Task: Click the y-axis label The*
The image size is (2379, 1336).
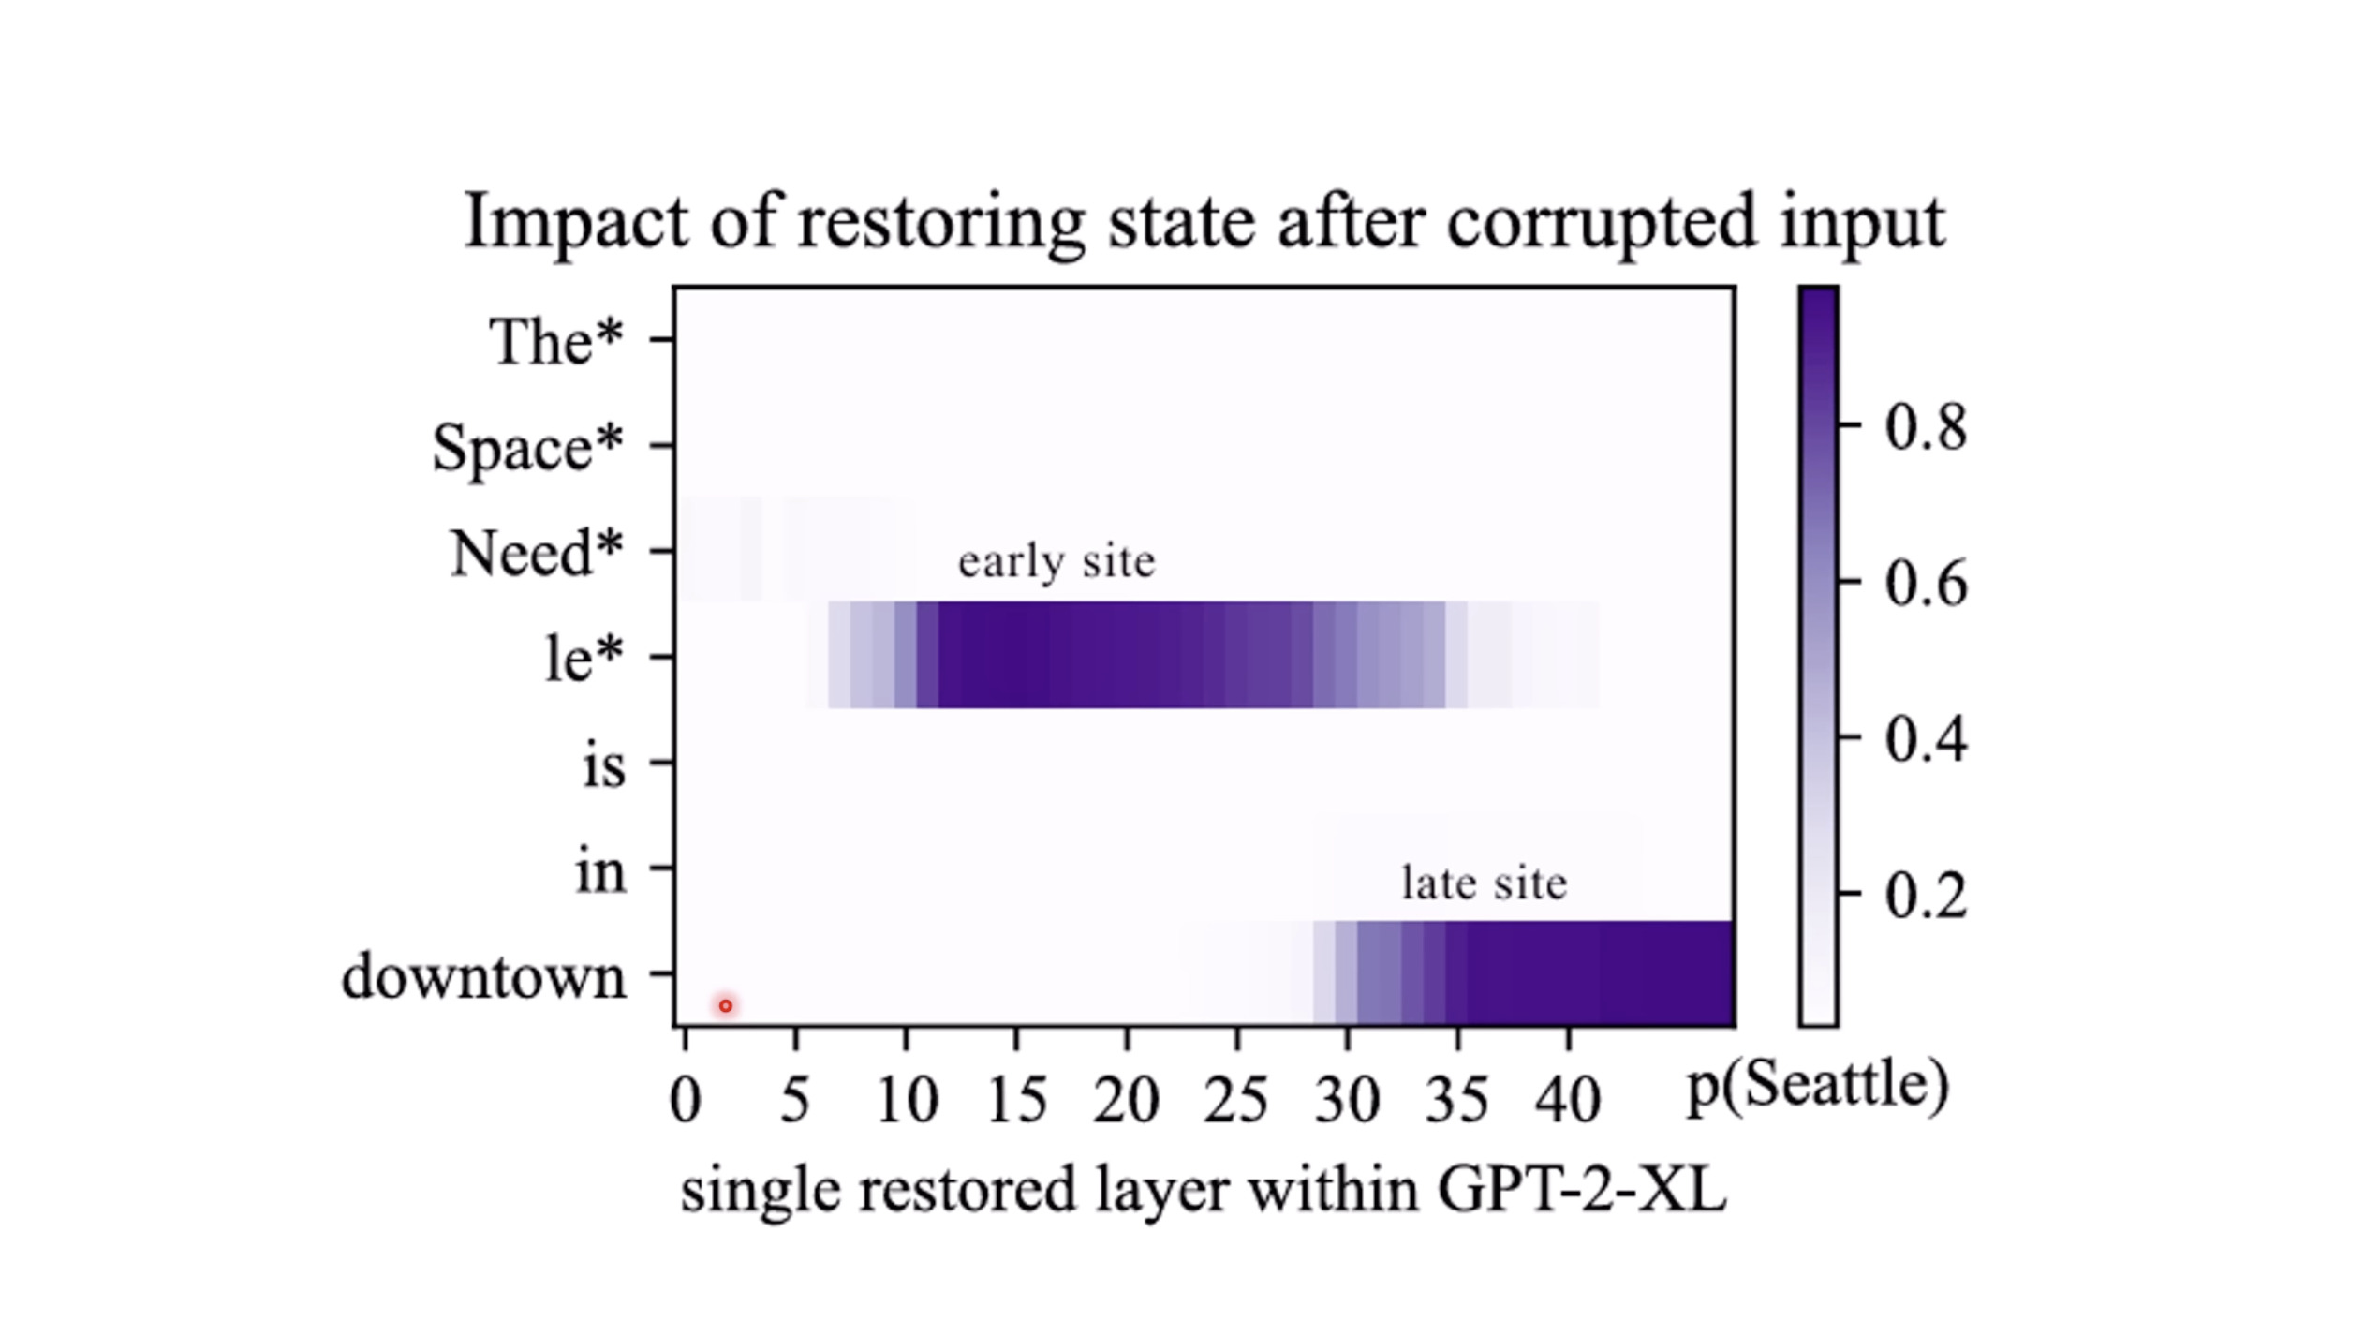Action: pyautogui.click(x=555, y=342)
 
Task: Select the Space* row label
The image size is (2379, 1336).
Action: pyautogui.click(x=527, y=448)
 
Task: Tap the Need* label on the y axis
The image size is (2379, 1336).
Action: pyautogui.click(x=537, y=554)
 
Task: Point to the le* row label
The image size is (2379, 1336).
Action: pyautogui.click(x=584, y=659)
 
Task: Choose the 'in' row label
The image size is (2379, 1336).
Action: pyautogui.click(x=599, y=871)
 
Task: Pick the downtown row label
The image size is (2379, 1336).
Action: pyautogui.click(x=484, y=977)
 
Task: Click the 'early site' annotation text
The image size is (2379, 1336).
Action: pyautogui.click(x=1057, y=562)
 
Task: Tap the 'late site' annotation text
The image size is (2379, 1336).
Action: pyautogui.click(x=1484, y=883)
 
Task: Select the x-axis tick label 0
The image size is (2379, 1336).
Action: pyautogui.click(x=685, y=1100)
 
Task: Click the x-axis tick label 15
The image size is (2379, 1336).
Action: pyautogui.click(x=1016, y=1100)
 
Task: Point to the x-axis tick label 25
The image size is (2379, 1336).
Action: pyautogui.click(x=1236, y=1100)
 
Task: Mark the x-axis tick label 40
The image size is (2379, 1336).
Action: pyautogui.click(x=1568, y=1100)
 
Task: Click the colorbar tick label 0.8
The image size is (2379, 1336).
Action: pyautogui.click(x=1926, y=427)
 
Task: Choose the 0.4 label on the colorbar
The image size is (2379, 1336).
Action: pyautogui.click(x=1926, y=740)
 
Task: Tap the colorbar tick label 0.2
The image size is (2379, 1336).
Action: pyautogui.click(x=1926, y=896)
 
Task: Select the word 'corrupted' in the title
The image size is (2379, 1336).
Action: pyautogui.click(x=1601, y=222)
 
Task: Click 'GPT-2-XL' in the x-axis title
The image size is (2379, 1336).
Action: pyautogui.click(x=1581, y=1191)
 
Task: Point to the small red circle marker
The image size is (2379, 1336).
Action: pyautogui.click(x=725, y=1006)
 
